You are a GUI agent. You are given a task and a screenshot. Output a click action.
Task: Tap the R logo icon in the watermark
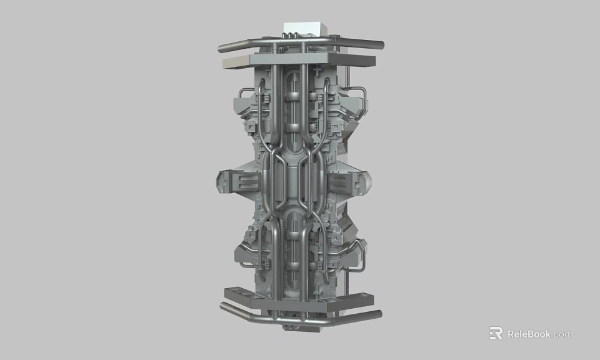coord(496,333)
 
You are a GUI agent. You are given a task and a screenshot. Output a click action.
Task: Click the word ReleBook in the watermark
coord(529,334)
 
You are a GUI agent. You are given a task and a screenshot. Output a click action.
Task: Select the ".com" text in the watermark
coord(562,334)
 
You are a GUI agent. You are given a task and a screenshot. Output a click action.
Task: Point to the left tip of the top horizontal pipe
coord(221,48)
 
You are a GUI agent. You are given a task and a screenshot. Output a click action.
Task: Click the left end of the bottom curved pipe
coord(222,306)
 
